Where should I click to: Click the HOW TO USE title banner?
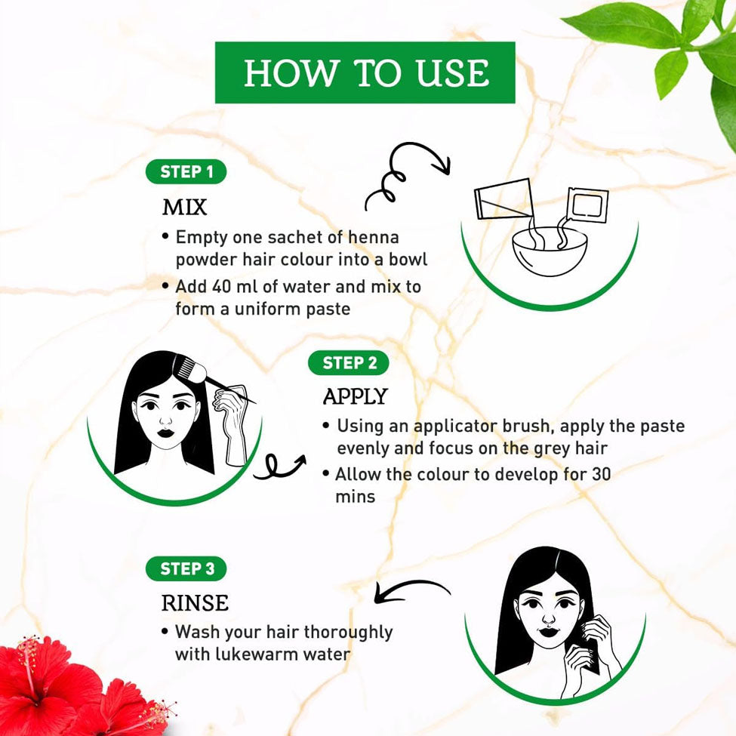click(365, 72)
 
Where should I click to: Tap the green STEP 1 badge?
click(186, 172)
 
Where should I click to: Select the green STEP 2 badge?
click(349, 363)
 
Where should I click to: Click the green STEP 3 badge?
click(186, 569)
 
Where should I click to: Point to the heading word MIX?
click(184, 207)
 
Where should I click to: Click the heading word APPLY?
click(355, 396)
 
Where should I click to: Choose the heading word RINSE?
click(195, 603)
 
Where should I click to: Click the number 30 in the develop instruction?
click(602, 474)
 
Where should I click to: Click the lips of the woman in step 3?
click(547, 631)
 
